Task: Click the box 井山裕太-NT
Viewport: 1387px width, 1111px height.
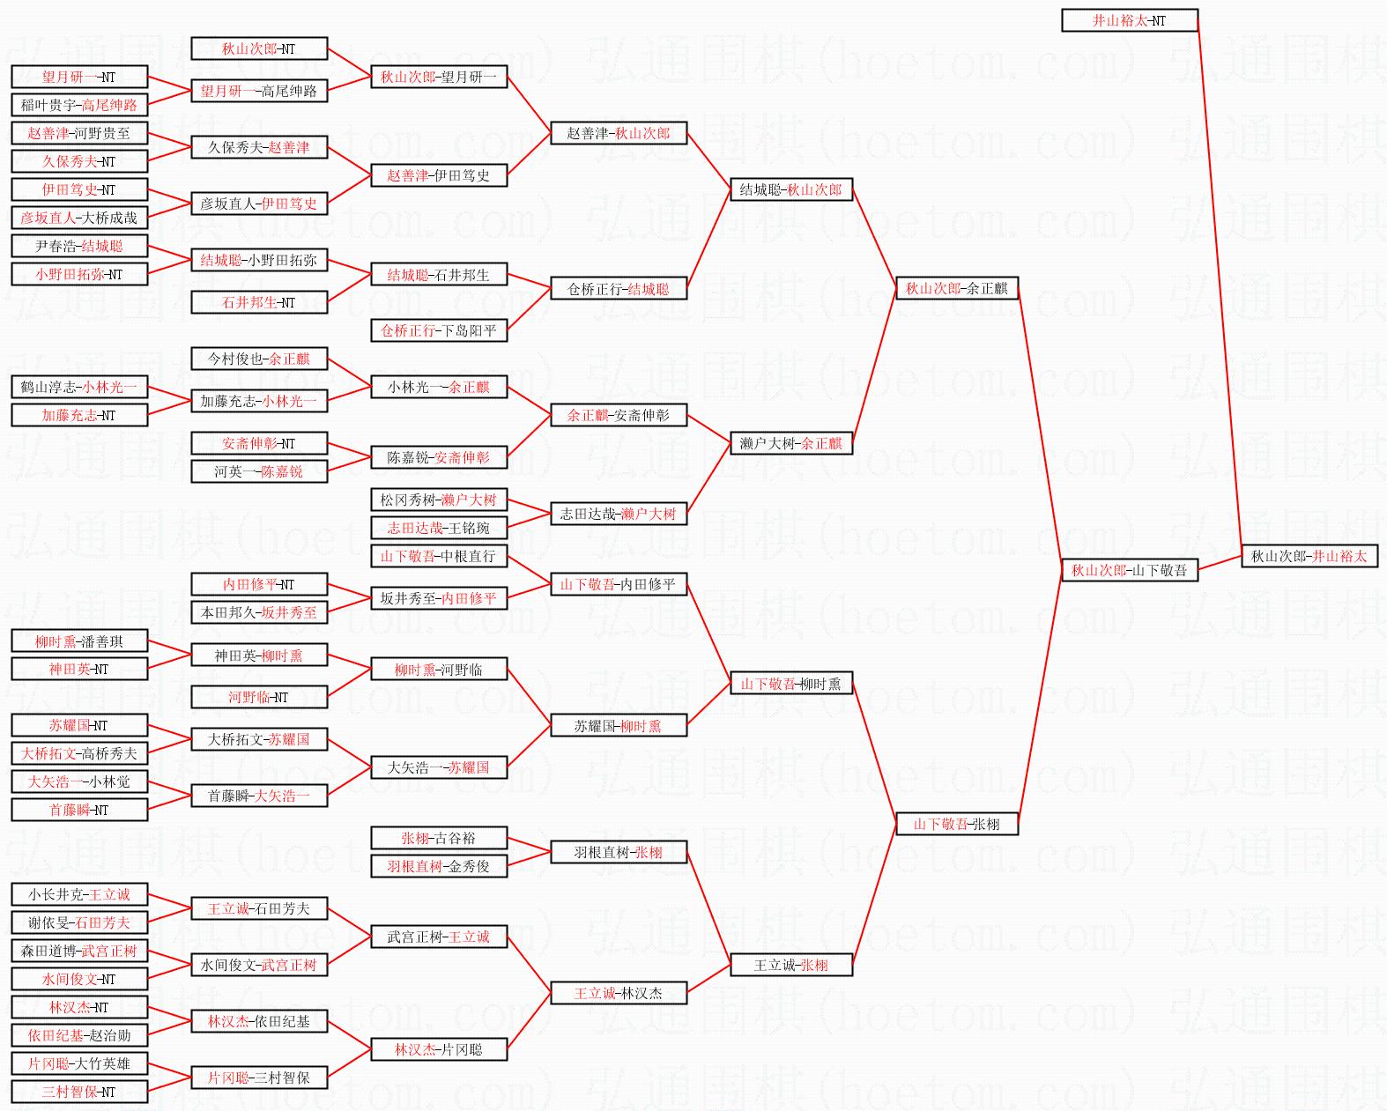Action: click(1129, 20)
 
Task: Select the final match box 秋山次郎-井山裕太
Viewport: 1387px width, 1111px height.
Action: click(1309, 556)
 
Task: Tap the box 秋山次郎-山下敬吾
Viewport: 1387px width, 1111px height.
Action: click(1129, 570)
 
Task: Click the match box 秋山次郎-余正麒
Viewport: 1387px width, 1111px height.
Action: click(956, 288)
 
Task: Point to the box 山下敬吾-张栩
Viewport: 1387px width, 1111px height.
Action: click(956, 824)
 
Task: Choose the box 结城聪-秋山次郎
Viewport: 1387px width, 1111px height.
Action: click(790, 189)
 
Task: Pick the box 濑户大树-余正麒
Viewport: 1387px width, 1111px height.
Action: click(790, 443)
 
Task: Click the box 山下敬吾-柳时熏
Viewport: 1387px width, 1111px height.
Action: click(790, 683)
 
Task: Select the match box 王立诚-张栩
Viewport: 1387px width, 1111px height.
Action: click(790, 965)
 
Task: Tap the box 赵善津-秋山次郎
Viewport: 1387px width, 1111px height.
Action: click(618, 133)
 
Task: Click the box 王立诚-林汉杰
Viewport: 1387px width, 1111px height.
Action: click(618, 993)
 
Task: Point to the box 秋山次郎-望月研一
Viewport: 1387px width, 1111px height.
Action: click(438, 77)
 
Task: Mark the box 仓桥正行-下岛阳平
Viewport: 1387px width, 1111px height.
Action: click(438, 330)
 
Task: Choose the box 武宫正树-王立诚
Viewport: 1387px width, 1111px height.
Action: click(438, 937)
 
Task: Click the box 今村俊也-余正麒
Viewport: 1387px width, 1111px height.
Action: click(259, 359)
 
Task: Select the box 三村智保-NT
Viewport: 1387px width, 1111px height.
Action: click(78, 1092)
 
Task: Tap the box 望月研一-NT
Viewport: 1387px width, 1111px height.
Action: click(78, 77)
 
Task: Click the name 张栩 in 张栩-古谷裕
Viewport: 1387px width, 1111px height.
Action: click(415, 838)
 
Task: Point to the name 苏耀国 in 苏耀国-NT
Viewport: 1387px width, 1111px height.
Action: click(68, 725)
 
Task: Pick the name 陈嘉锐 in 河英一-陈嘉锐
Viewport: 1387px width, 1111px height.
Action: click(282, 471)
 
